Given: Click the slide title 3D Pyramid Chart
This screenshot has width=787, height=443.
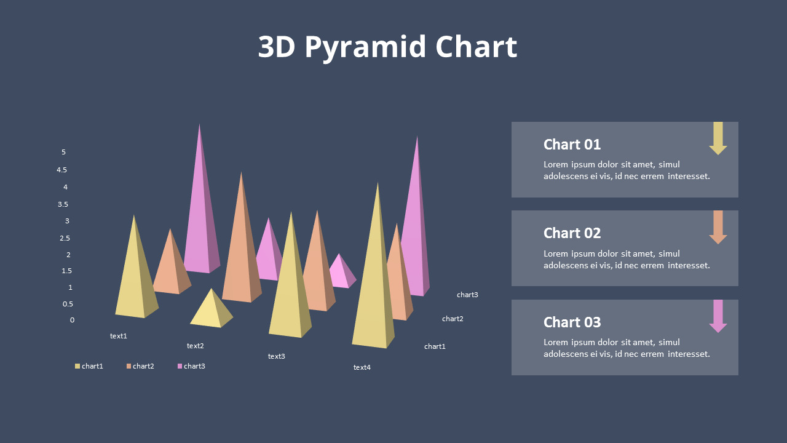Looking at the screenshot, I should pyautogui.click(x=387, y=47).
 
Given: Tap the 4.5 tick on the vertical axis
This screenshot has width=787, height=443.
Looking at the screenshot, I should pyautogui.click(x=61, y=170).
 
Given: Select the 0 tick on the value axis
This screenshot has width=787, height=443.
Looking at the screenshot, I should pyautogui.click(x=72, y=320).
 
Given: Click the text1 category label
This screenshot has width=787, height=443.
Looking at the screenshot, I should pyautogui.click(x=118, y=336).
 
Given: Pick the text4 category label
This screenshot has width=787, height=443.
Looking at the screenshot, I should pyautogui.click(x=362, y=367).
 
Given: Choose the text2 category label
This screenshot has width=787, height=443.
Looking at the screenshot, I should pyautogui.click(x=195, y=346).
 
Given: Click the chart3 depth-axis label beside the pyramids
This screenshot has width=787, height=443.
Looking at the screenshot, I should pyautogui.click(x=467, y=295).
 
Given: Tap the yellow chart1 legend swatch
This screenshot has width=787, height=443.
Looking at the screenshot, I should pyautogui.click(x=77, y=366).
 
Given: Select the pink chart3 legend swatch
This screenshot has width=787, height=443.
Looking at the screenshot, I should pyautogui.click(x=180, y=366).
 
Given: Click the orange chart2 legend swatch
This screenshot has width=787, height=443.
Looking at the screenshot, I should pyautogui.click(x=129, y=366).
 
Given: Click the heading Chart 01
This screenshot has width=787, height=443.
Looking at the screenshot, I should pyautogui.click(x=572, y=145).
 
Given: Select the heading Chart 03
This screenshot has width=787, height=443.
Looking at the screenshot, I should pyautogui.click(x=572, y=322).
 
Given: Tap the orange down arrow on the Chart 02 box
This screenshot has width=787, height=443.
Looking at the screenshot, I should pyautogui.click(x=718, y=228).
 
